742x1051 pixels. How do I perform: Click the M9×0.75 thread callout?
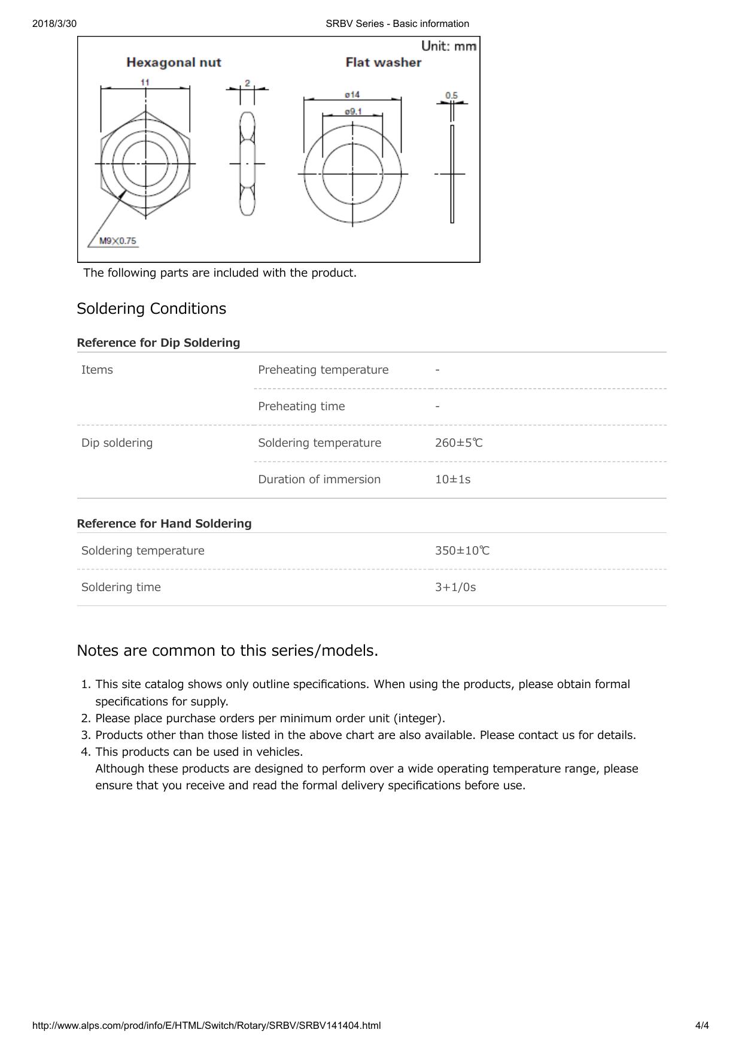pos(118,241)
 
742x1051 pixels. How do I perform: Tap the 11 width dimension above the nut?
pos(145,82)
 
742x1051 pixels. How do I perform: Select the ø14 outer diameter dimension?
pos(352,95)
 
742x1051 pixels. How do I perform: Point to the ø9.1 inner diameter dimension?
pos(352,111)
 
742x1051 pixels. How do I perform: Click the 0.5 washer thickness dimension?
pos(452,95)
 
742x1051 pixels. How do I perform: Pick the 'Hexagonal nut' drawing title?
pos(174,62)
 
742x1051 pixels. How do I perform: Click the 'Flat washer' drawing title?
pos(384,62)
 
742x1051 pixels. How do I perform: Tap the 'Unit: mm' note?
pos(449,46)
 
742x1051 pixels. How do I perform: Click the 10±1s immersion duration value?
pos(453,479)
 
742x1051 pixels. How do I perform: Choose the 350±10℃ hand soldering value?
pos(462,550)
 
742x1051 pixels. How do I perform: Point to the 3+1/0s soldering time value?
pos(455,587)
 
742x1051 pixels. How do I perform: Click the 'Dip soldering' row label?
pos(117,443)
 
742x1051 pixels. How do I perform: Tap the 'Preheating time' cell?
pos(302,406)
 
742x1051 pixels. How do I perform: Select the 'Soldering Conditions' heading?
pos(151,308)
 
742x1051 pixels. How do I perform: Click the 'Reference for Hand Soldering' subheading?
pos(165,523)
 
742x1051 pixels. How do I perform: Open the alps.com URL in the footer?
pos(206,1025)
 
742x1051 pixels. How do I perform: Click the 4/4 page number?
pos(702,1025)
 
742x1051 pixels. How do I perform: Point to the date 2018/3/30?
pos(54,23)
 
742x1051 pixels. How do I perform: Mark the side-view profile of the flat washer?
pos(452,174)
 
